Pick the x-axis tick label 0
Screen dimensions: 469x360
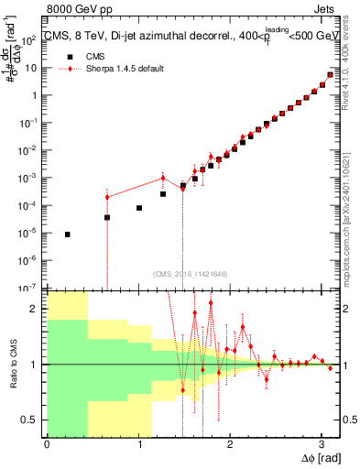(x=46, y=443)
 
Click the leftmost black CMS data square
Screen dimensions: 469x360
(x=68, y=234)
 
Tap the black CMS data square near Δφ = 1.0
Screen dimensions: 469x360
(x=139, y=208)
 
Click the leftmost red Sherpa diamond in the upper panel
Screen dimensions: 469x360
(x=107, y=197)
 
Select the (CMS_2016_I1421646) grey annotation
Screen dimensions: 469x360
(x=191, y=273)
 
